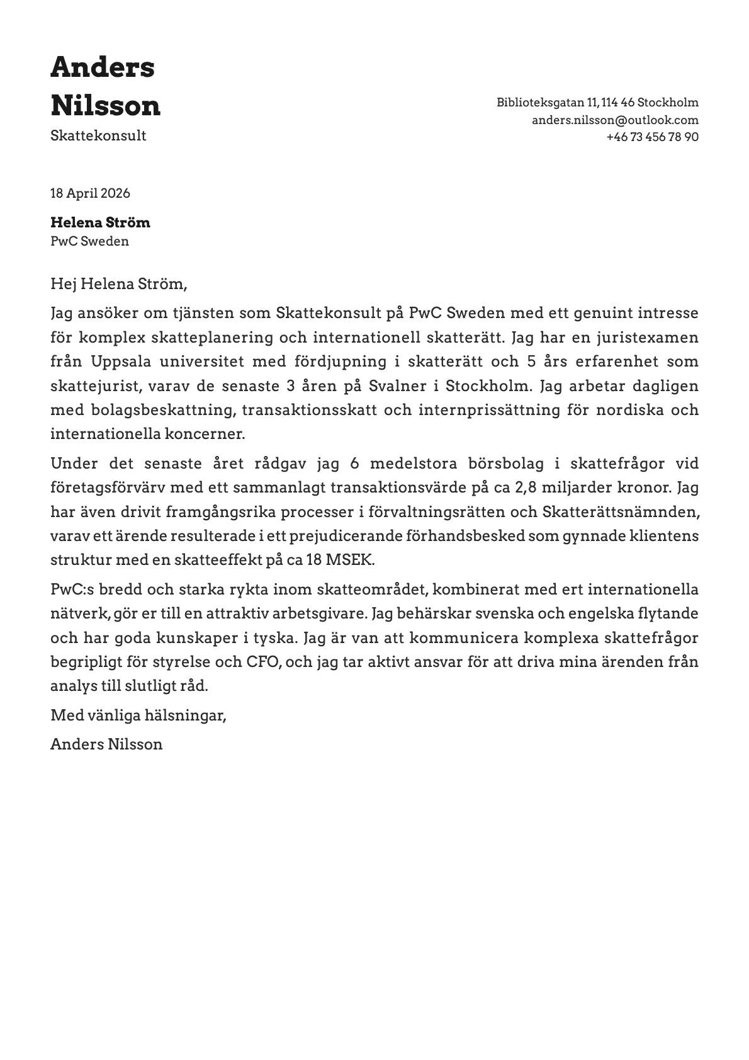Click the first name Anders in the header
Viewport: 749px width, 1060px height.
[102, 67]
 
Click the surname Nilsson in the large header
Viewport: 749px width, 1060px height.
[105, 106]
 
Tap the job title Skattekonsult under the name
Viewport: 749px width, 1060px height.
[98, 136]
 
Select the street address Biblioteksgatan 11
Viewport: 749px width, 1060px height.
[546, 103]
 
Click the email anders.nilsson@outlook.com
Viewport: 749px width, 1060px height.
[615, 120]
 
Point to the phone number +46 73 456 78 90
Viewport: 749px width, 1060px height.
[652, 137]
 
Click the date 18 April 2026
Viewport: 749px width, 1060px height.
[90, 193]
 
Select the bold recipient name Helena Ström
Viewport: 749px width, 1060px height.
[100, 222]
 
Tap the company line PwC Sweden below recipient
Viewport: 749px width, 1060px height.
[89, 241]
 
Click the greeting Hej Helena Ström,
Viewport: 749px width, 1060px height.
[118, 284]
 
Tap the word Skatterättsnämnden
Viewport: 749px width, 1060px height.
[620, 512]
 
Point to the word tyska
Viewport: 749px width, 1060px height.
[278, 638]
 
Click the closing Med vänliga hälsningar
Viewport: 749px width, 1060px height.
[138, 715]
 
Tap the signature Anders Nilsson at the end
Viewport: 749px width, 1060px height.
[106, 744]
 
